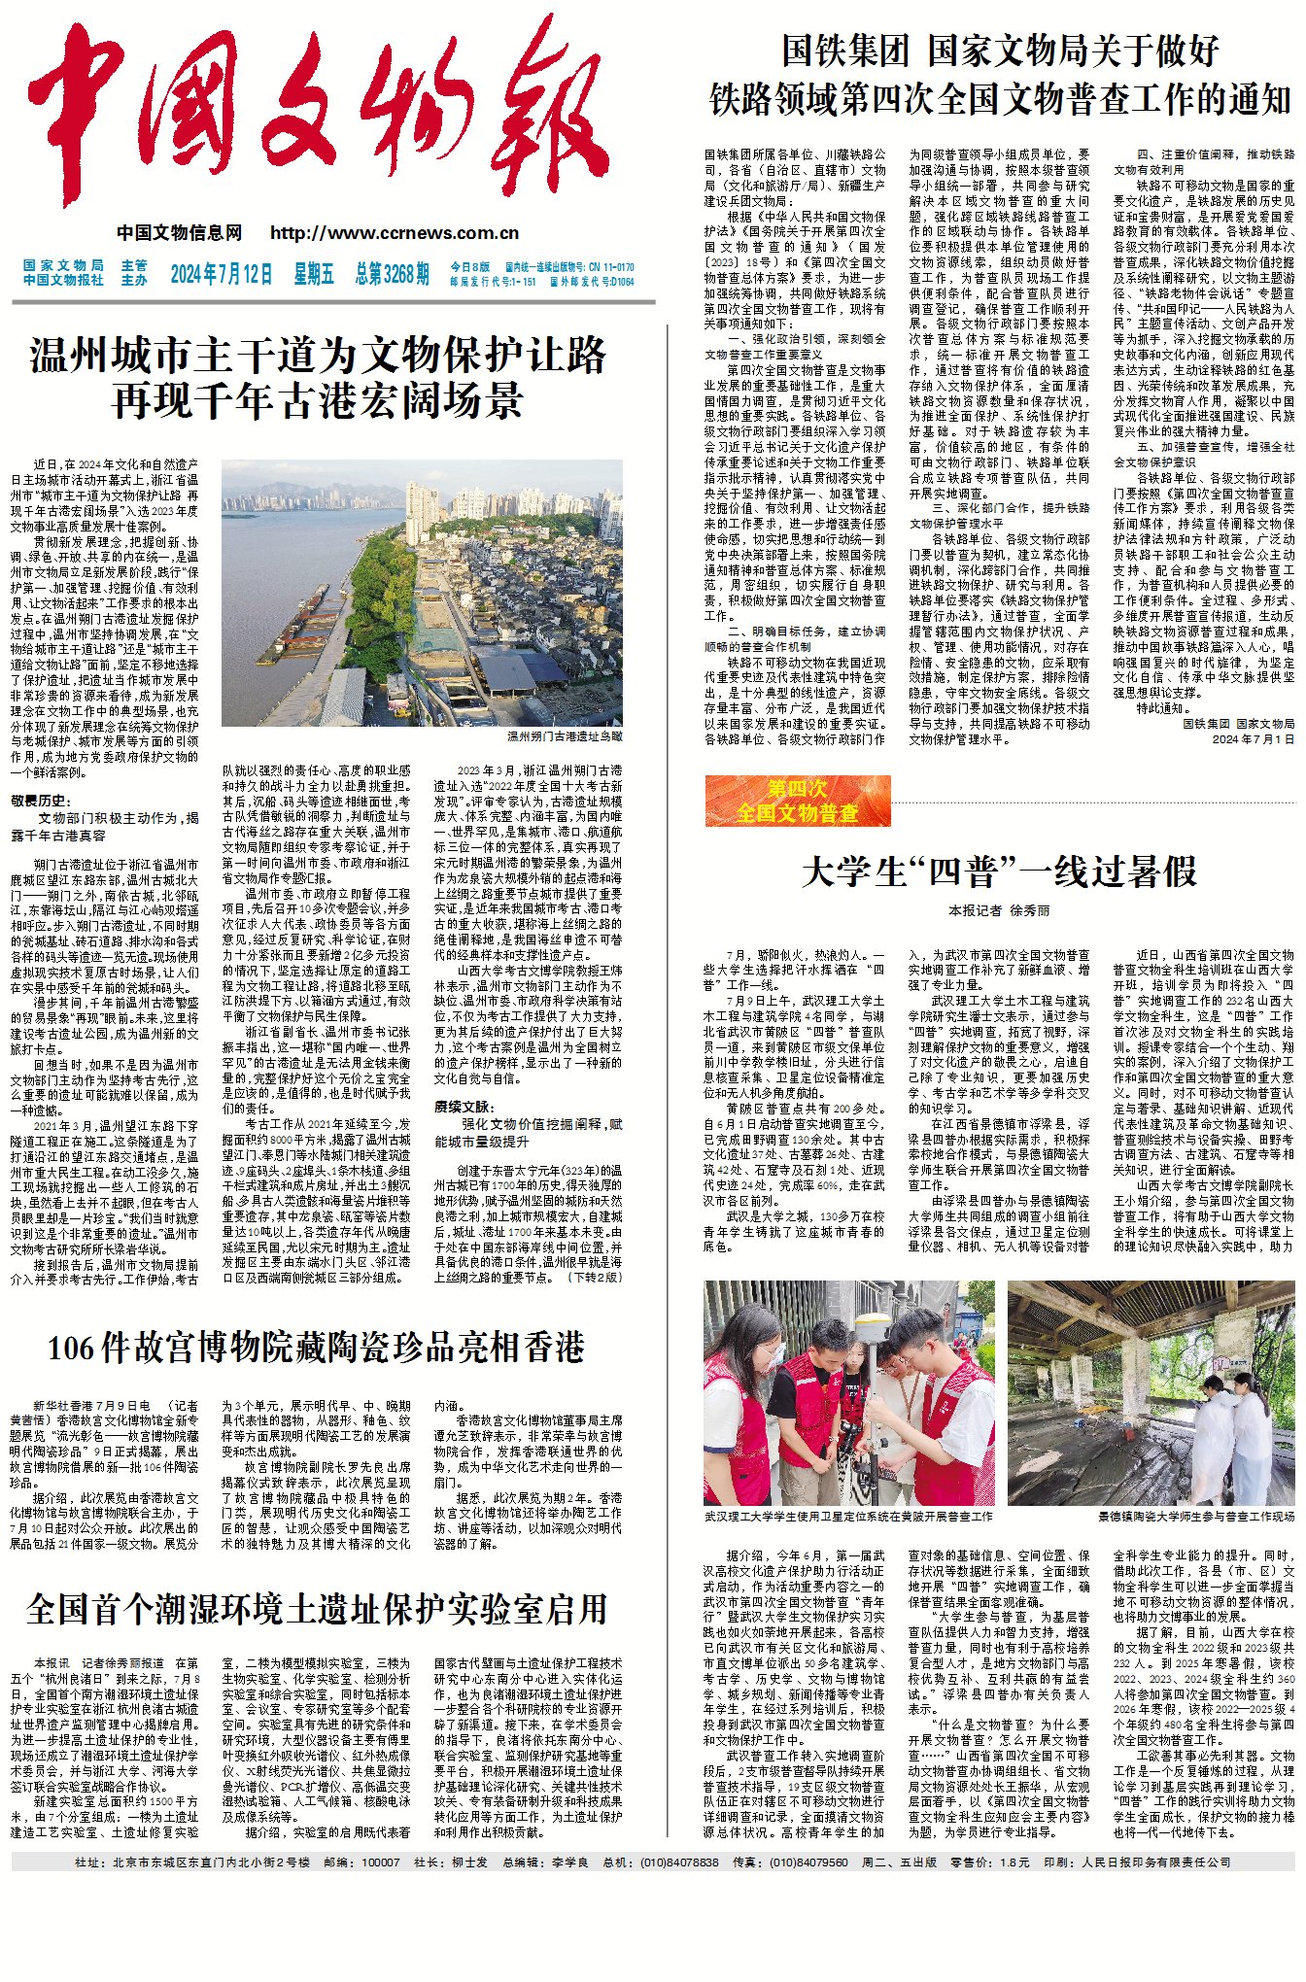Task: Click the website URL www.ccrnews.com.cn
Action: (x=395, y=233)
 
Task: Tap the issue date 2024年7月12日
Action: (x=222, y=274)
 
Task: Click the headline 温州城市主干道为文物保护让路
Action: (x=319, y=357)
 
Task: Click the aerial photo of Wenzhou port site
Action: (x=422, y=593)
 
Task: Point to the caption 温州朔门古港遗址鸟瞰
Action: (x=565, y=736)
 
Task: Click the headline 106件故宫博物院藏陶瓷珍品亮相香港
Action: (x=316, y=1348)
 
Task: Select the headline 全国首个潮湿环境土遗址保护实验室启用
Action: (x=317, y=1609)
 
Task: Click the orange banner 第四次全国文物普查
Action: (x=797, y=802)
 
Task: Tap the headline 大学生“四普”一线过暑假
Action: (x=999, y=871)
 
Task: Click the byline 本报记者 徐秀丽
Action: (x=999, y=910)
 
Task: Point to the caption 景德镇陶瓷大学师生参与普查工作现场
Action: (x=1196, y=1516)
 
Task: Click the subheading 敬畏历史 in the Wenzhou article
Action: (x=41, y=801)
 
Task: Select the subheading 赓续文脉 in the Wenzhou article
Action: (x=464, y=1107)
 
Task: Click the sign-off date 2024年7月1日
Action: (x=1253, y=739)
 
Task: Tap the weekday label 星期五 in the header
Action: (x=313, y=274)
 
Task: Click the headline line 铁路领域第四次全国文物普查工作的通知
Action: (x=1000, y=99)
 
